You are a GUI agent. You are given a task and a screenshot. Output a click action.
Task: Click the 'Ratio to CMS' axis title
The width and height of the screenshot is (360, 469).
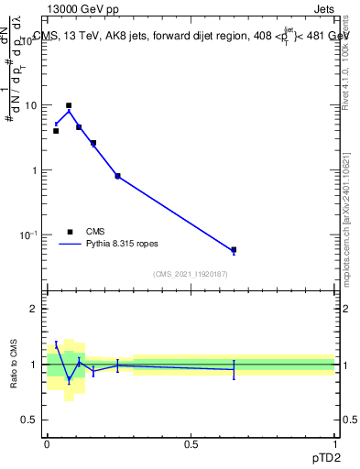[x=14, y=365]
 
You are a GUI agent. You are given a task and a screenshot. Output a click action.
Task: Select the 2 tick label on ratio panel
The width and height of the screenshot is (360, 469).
[x=35, y=309]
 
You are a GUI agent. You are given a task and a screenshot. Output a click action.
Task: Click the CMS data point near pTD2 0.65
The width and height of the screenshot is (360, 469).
[x=234, y=249]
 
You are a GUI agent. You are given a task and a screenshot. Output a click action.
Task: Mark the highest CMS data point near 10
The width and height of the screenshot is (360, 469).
[x=69, y=105]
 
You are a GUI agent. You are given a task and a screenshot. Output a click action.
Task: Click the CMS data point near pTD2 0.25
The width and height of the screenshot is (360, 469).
[x=117, y=176]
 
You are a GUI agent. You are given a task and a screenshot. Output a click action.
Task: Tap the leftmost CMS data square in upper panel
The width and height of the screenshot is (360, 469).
[x=56, y=131]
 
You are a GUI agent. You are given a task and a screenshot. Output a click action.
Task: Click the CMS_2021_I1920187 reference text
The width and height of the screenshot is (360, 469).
[x=191, y=274]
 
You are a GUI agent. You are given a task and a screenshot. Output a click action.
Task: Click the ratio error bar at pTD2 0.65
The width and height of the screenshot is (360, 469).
[x=234, y=369]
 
